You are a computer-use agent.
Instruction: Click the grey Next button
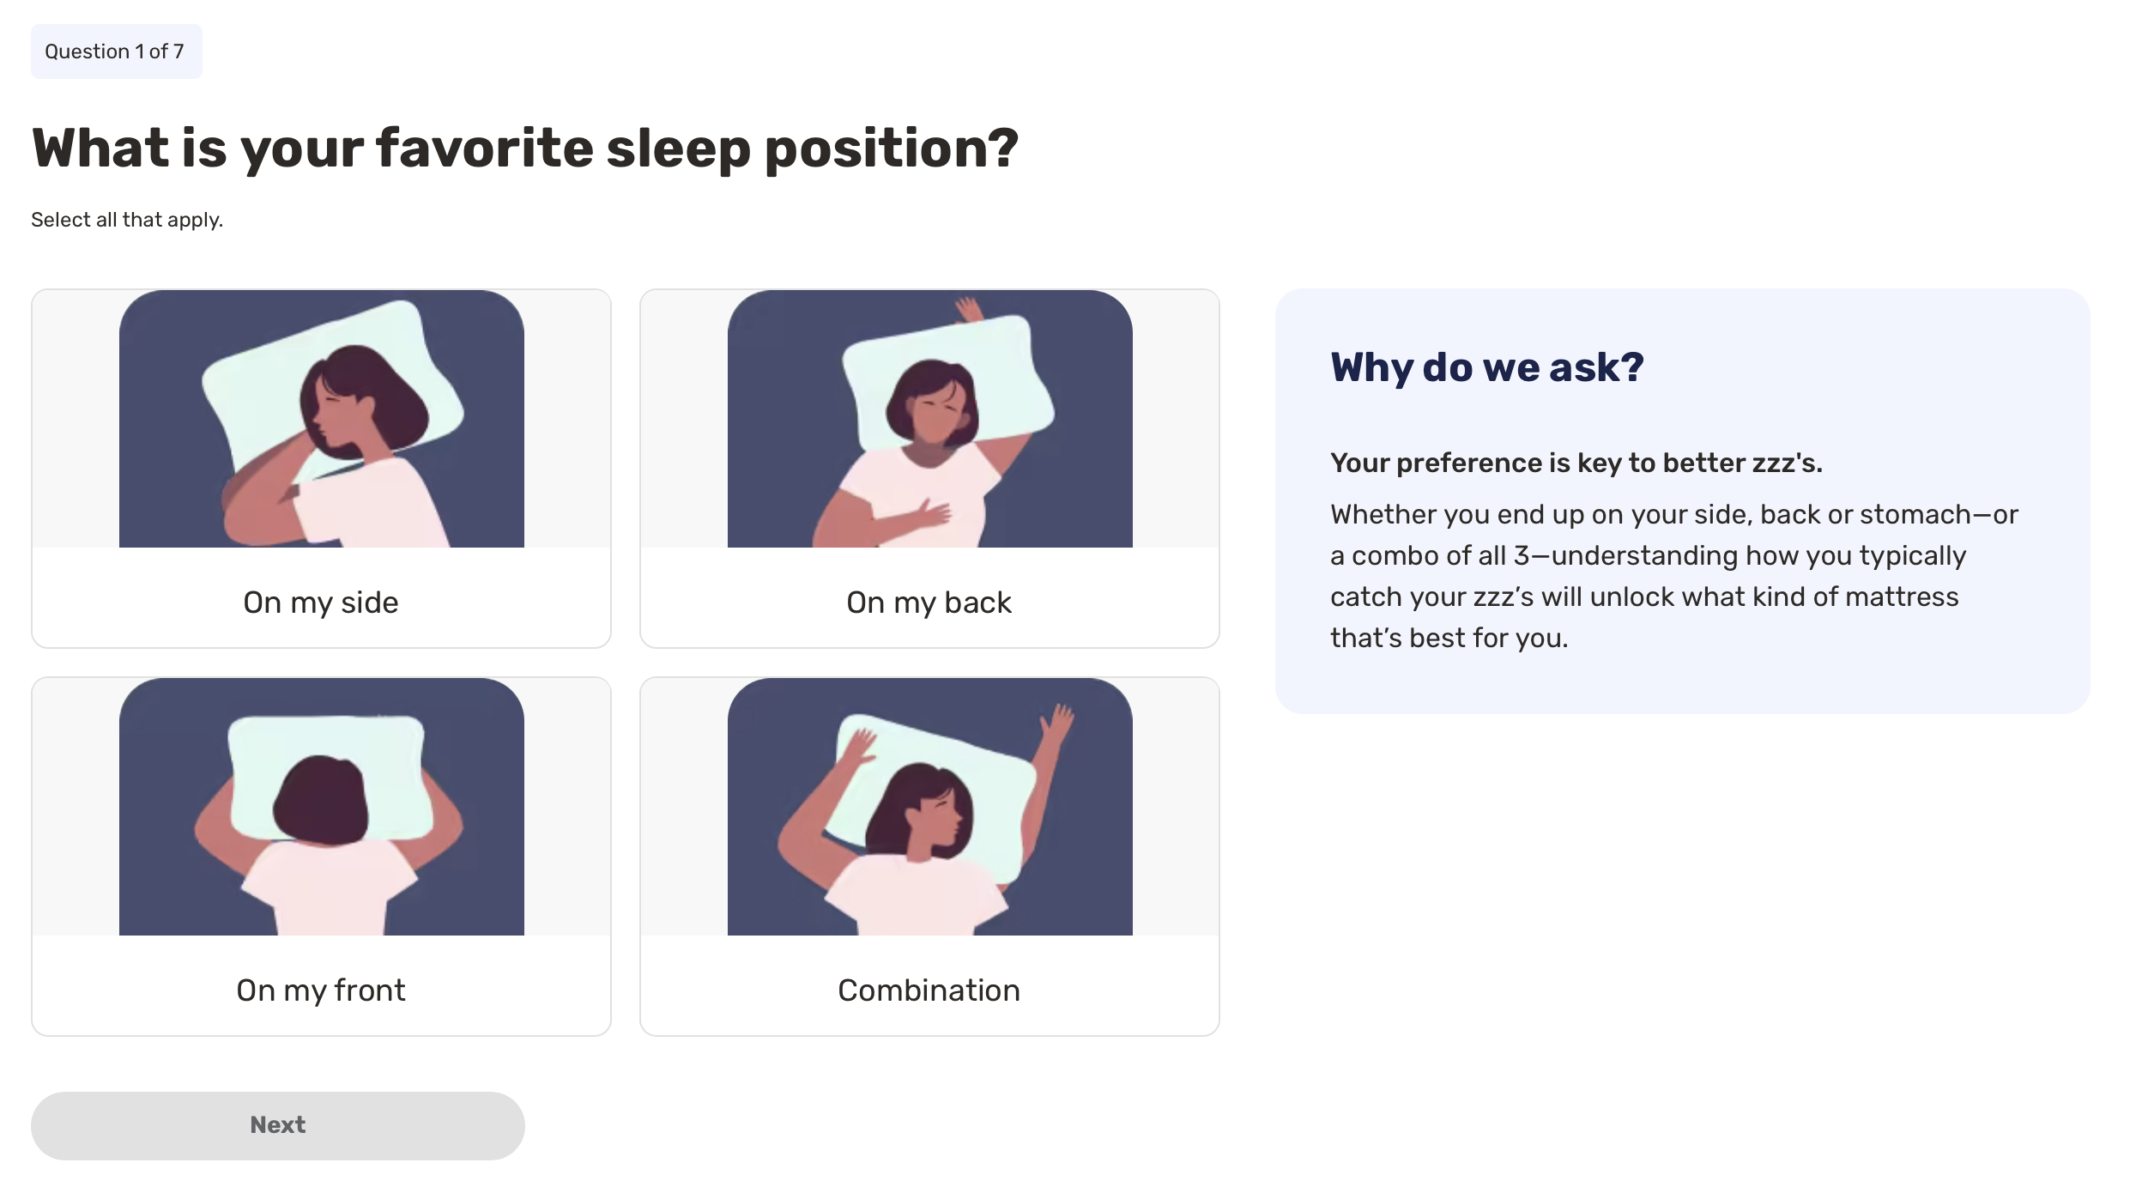277,1125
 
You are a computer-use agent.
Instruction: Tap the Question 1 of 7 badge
116,51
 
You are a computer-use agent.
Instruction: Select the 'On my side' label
321,603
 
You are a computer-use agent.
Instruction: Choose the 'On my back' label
929,603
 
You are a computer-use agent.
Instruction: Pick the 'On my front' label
321,990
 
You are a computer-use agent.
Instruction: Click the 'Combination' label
929,990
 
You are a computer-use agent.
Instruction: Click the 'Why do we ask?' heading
1487,367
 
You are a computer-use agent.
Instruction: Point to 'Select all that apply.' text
127,220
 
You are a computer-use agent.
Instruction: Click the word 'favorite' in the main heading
484,148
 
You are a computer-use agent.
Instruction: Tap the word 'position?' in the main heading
892,149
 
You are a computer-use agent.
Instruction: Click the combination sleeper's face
936,818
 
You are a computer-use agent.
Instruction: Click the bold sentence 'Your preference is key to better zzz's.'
1576,463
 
